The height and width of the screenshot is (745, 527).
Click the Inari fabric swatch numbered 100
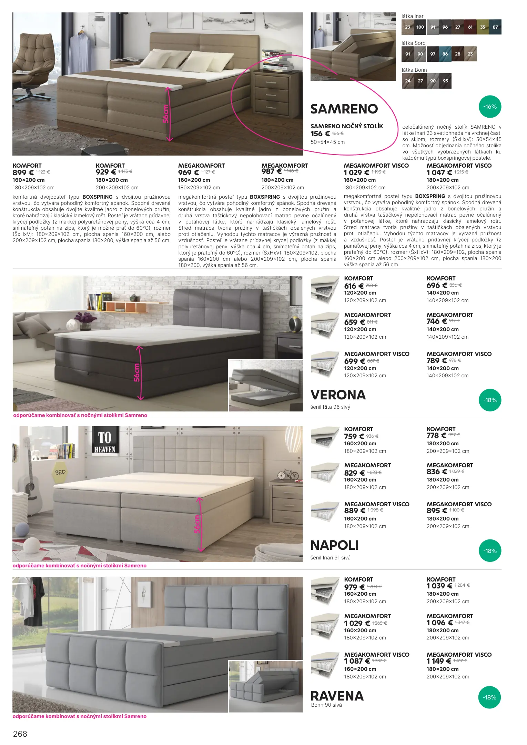pyautogui.click(x=420, y=27)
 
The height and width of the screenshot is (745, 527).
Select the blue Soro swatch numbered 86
pyautogui.click(x=445, y=54)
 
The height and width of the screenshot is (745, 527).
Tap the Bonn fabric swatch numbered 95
pyautogui.click(x=445, y=81)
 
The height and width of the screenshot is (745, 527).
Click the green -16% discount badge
pyautogui.click(x=490, y=107)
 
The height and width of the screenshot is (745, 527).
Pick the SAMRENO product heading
pyautogui.click(x=344, y=109)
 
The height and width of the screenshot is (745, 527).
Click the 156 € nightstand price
pyautogui.click(x=320, y=134)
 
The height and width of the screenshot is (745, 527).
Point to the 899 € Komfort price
pyautogui.click(x=23, y=173)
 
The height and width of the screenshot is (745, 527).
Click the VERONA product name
pyautogui.click(x=338, y=395)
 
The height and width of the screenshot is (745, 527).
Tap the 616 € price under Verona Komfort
pyautogui.click(x=354, y=286)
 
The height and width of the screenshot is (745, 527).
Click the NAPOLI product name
pyautogui.click(x=334, y=545)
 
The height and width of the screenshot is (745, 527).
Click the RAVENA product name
pyautogui.click(x=337, y=696)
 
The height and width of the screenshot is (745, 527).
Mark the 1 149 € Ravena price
pyautogui.click(x=438, y=661)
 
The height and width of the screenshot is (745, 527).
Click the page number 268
pyautogui.click(x=20, y=734)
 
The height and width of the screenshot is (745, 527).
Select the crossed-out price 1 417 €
pyautogui.click(x=460, y=661)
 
